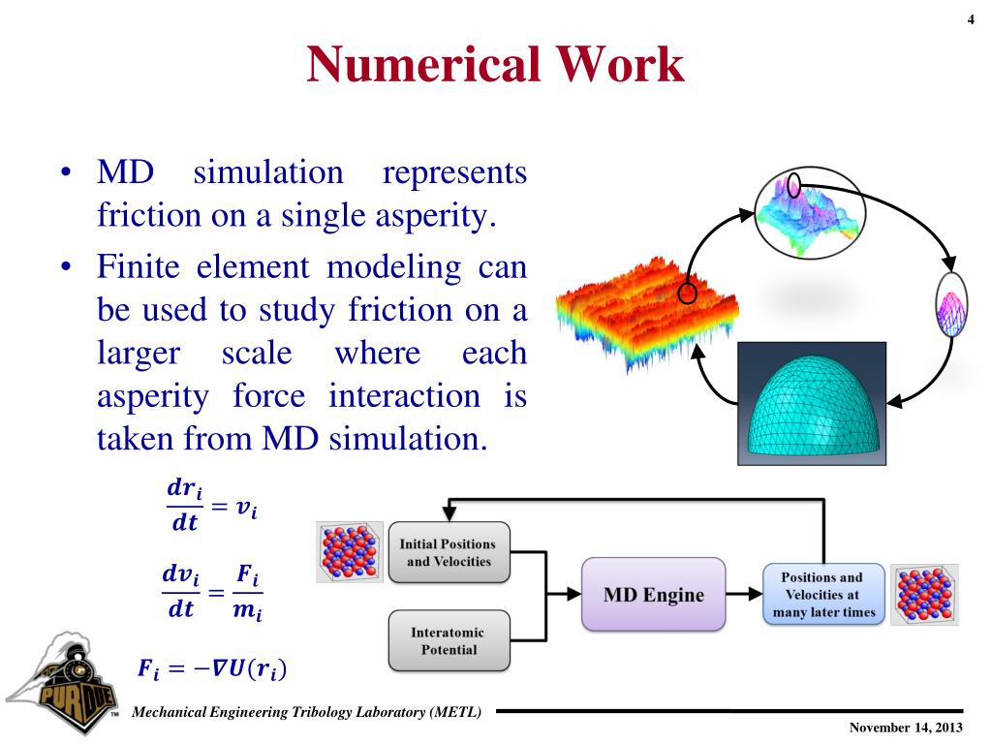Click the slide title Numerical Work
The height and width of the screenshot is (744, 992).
[495, 66]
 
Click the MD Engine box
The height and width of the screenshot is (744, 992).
[653, 595]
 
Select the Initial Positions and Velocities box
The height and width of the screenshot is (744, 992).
[449, 552]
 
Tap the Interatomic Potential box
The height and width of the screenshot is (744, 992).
[449, 640]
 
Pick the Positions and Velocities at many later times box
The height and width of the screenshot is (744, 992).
[823, 594]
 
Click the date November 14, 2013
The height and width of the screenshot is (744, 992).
[905, 728]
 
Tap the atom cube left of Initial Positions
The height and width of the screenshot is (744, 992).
[350, 552]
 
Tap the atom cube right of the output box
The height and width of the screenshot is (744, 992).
[924, 595]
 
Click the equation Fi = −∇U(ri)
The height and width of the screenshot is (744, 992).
[212, 667]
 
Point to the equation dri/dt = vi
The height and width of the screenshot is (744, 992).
[211, 507]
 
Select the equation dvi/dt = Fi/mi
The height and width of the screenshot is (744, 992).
[212, 593]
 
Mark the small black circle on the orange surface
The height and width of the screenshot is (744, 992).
[687, 293]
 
